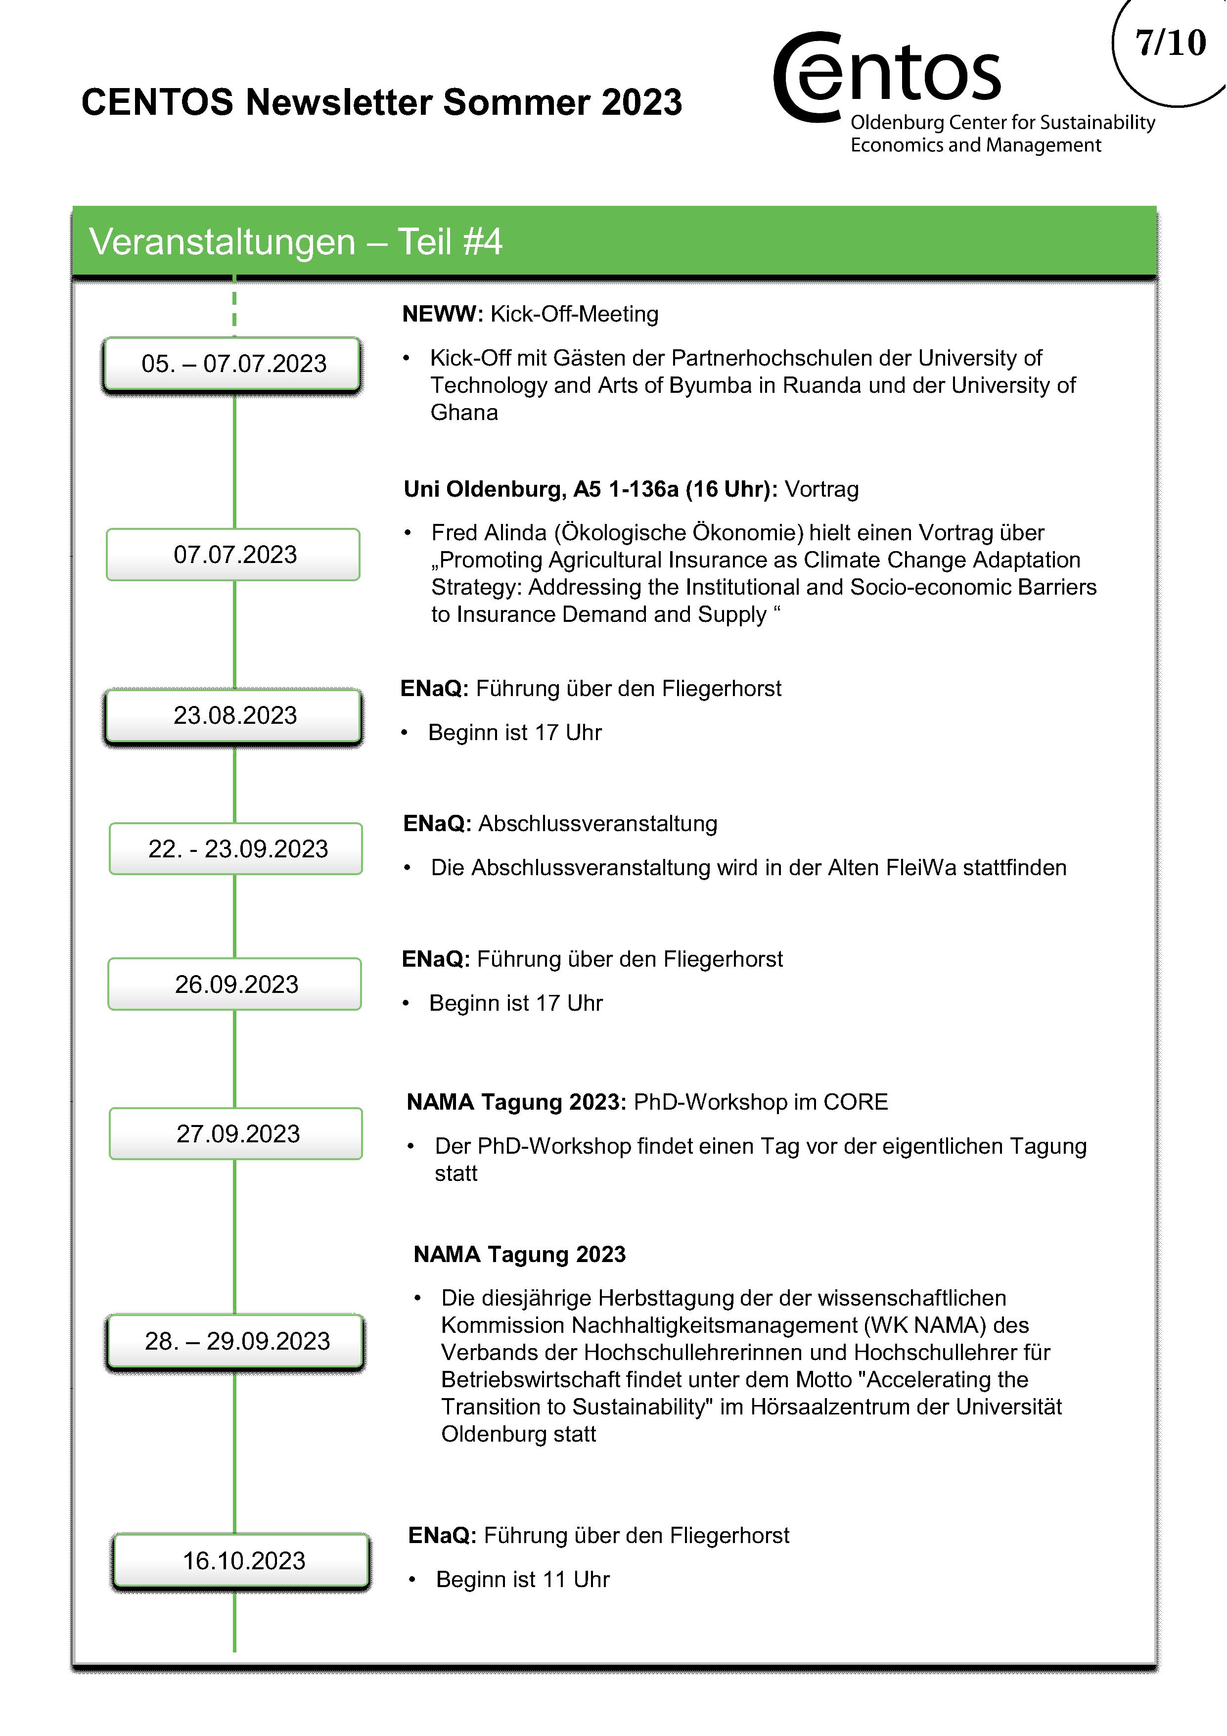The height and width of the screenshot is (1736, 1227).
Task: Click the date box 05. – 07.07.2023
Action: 233,364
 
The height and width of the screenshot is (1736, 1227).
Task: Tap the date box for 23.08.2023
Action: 234,715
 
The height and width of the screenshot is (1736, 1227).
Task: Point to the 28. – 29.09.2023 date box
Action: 236,1341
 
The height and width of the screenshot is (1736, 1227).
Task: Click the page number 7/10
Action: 1170,43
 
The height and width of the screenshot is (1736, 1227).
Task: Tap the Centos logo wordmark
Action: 888,76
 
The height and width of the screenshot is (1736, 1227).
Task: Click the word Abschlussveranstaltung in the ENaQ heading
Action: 597,823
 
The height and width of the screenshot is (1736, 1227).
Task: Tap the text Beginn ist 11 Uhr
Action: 522,1580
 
